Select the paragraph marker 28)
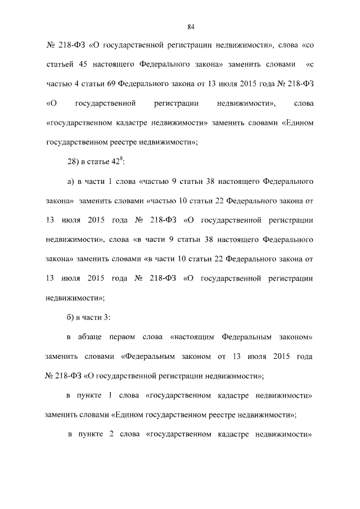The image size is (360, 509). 73,163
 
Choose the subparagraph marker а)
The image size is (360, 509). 71,182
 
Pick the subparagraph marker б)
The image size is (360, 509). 71,317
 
